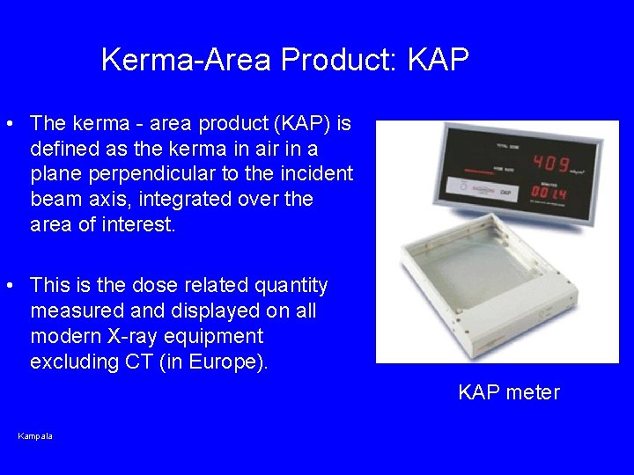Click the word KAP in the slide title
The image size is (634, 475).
(x=438, y=61)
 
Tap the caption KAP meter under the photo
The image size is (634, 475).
(x=509, y=393)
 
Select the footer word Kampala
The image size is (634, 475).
(x=35, y=436)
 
